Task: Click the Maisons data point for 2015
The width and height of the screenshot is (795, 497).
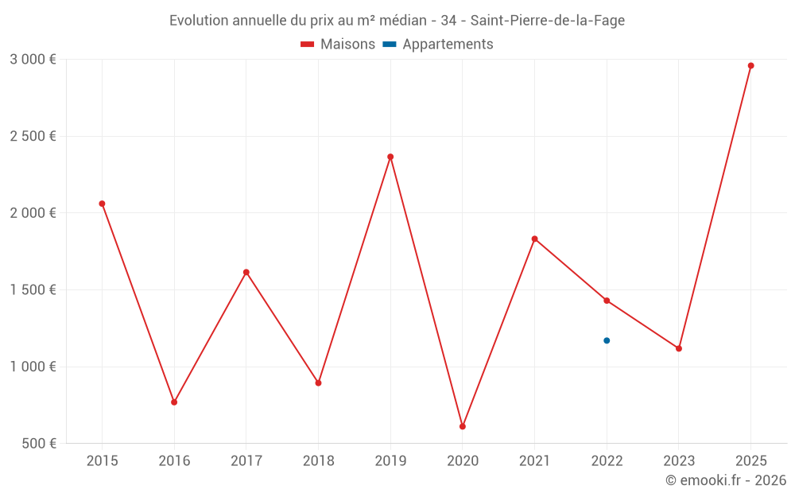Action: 102,204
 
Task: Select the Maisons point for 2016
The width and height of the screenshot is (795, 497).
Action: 174,402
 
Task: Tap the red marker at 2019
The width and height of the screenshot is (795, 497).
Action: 390,157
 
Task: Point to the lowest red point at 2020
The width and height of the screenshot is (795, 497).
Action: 463,426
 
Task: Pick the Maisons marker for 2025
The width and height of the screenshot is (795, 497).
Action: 750,66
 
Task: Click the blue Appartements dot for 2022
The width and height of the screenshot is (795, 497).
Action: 607,340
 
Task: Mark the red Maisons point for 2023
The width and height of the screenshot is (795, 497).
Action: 679,348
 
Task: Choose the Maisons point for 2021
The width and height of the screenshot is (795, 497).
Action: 534,239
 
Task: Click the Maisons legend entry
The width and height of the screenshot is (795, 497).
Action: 338,45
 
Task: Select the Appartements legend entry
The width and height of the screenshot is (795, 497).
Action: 438,45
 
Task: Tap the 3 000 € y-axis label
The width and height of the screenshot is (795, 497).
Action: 33,60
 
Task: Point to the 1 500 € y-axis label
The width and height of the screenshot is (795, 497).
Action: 33,290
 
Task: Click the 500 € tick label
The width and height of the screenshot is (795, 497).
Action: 37,444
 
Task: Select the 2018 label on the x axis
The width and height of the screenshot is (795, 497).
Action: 318,460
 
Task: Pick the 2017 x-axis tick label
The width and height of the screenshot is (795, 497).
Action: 246,460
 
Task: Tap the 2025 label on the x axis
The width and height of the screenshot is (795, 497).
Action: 750,460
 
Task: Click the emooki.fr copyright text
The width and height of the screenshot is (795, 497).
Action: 725,480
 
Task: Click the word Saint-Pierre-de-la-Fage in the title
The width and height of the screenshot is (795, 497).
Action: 548,21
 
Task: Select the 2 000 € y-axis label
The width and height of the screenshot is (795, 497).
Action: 33,213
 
